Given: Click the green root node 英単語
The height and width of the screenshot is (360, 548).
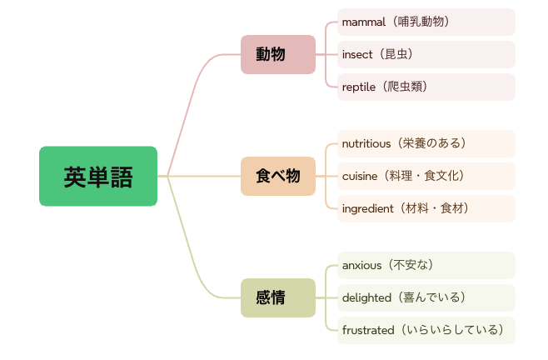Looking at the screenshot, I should [x=97, y=176].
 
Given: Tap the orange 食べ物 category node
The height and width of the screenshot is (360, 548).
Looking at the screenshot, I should [x=278, y=176].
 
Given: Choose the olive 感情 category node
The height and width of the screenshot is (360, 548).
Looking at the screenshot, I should [x=278, y=297].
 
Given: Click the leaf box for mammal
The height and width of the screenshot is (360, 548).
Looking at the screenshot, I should [x=426, y=22].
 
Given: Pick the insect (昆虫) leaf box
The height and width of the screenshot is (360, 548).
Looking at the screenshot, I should [x=426, y=54].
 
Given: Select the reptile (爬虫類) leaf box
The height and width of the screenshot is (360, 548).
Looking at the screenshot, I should [x=426, y=87].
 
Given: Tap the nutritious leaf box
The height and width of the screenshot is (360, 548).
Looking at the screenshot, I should [x=426, y=143].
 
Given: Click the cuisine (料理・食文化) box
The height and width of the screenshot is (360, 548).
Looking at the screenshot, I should [x=426, y=176].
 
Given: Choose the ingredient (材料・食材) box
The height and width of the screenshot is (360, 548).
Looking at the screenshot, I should [x=426, y=208].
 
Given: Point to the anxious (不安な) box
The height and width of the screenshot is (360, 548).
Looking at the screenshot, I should [x=426, y=265].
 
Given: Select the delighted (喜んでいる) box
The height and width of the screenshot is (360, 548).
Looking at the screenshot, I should [x=426, y=297].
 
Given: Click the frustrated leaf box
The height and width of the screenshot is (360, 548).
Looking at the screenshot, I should [x=426, y=330].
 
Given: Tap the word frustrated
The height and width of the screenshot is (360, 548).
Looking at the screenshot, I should [x=368, y=330].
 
